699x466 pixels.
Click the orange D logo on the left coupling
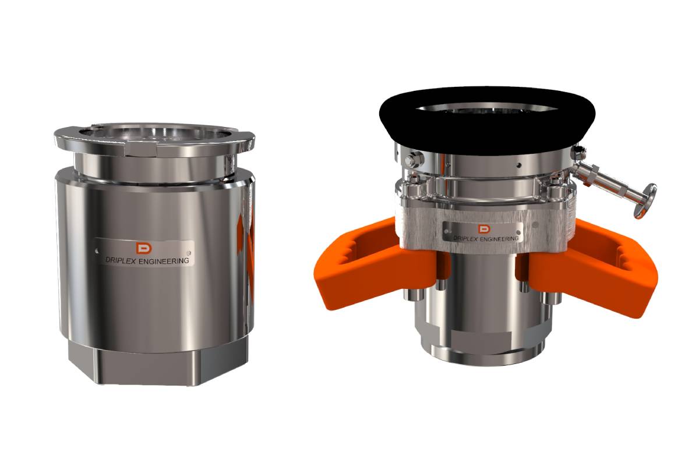pos(142,248)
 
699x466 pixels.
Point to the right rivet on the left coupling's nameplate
pos(186,246)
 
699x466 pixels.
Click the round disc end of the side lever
pos(647,200)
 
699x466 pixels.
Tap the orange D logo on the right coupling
pos(482,228)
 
